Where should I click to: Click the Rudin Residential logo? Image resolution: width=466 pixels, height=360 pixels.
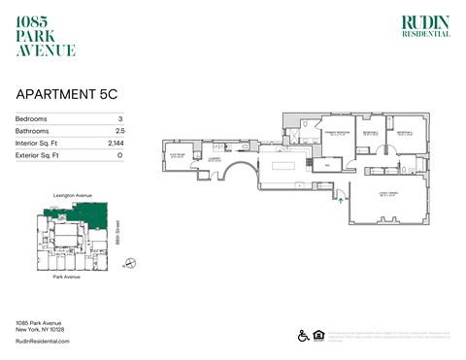[425, 26]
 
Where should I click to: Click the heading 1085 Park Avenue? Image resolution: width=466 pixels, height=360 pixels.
[46, 36]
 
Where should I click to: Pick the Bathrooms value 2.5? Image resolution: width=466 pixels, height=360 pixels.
[119, 130]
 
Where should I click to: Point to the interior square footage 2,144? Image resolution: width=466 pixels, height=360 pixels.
[116, 142]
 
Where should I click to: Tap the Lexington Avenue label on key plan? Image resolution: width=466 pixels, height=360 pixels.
[73, 196]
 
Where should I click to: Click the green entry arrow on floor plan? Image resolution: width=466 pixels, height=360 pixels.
[339, 200]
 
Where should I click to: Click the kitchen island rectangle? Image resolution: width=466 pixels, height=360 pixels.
[288, 164]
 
